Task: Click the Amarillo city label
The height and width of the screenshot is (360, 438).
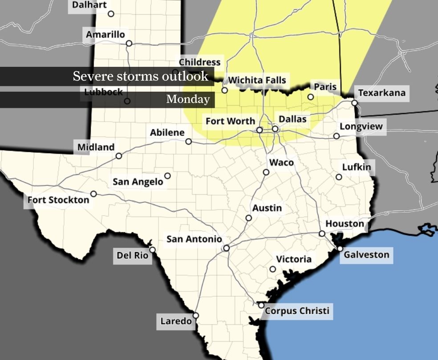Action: pos(105,34)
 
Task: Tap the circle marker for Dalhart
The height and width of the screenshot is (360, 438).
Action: pos(111,14)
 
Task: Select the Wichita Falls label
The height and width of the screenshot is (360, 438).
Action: pos(257,80)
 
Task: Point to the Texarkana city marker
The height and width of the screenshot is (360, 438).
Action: pos(354,103)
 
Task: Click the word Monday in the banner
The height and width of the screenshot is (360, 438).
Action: pos(188,99)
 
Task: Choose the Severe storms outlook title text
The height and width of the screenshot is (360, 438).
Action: pos(140,76)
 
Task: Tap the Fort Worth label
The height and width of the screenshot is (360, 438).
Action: pos(230,121)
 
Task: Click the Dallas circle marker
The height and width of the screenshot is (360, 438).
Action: pos(275,129)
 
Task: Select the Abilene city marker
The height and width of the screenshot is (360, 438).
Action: pos(189,141)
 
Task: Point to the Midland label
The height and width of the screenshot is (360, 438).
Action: pos(96,147)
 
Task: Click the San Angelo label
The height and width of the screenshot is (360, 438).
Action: pos(138,182)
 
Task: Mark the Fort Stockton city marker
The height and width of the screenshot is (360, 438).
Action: pos(93,194)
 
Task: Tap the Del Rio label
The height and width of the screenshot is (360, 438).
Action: pos(132,256)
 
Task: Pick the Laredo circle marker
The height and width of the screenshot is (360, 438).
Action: pos(195,315)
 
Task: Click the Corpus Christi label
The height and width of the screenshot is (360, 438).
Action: pos(297,311)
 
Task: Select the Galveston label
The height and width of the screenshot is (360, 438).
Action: pos(366,255)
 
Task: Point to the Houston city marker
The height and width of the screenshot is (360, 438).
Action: pos(322,234)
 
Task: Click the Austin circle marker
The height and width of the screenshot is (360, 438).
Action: pos(249,218)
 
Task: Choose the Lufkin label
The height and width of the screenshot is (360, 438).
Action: pos(356,167)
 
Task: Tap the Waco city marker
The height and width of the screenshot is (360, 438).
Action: pos(266,172)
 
